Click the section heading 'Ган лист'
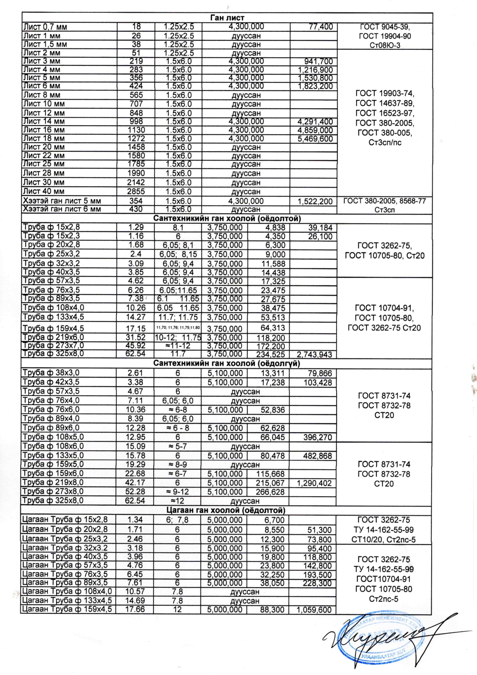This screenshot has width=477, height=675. [x=227, y=18]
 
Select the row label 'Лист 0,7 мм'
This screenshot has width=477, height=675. [x=45, y=27]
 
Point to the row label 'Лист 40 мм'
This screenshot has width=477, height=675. [x=44, y=191]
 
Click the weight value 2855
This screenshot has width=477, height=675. [x=136, y=191]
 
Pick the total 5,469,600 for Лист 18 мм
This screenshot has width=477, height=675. [x=315, y=139]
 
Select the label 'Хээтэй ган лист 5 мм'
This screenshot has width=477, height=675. [x=62, y=201]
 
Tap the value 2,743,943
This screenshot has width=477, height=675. [x=314, y=355]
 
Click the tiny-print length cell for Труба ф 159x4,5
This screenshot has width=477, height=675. [x=177, y=328]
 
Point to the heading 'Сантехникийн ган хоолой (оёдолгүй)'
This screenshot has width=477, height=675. [x=227, y=363]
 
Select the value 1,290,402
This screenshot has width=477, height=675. [x=314, y=483]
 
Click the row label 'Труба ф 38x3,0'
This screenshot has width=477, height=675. [x=51, y=373]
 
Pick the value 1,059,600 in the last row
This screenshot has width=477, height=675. [x=314, y=610]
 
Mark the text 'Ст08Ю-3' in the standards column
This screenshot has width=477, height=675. [x=385, y=45]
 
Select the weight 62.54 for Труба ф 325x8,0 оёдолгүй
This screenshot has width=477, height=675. [x=135, y=501]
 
